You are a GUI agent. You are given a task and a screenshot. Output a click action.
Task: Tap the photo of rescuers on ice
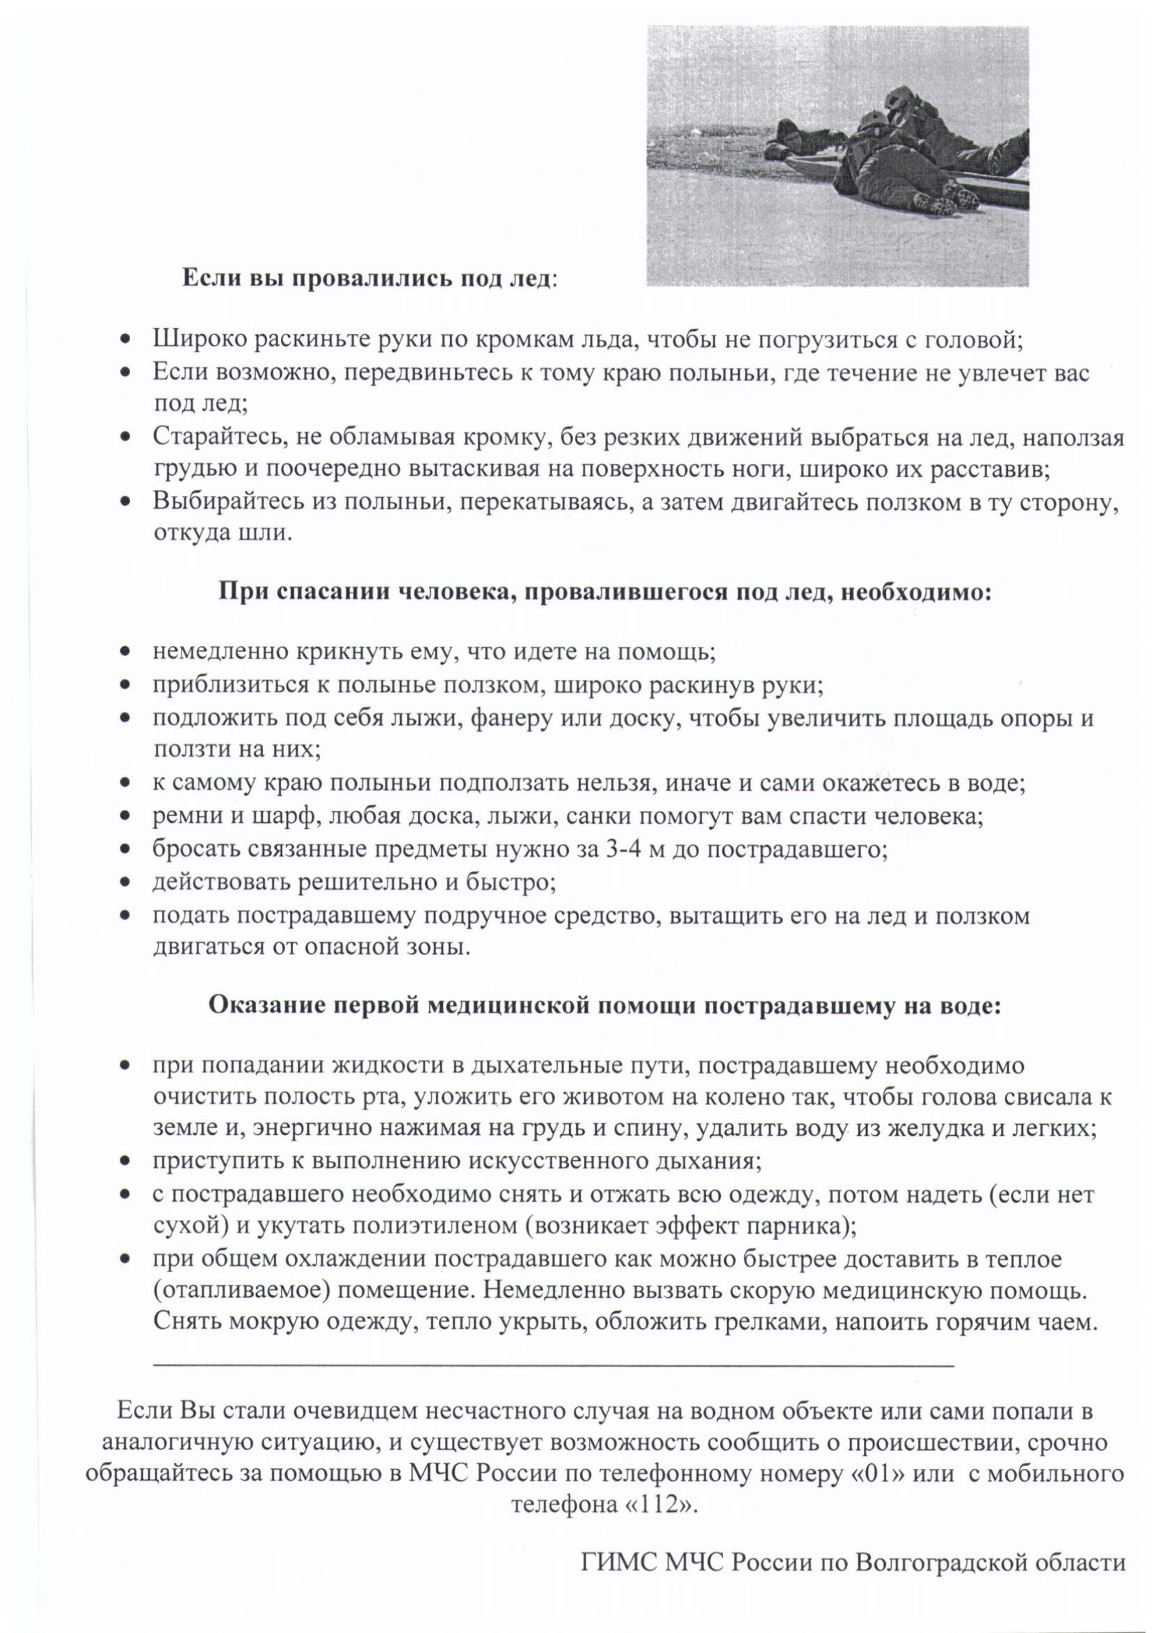point(837,156)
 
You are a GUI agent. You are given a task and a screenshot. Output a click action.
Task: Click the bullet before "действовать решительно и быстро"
point(126,883)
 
